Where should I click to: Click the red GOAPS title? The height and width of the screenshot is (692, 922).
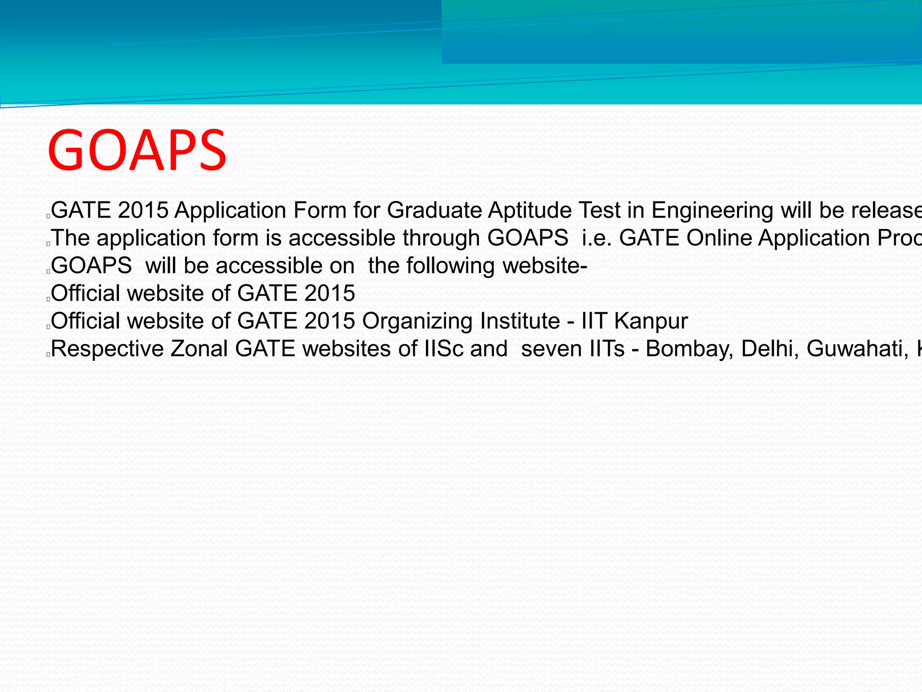tap(137, 150)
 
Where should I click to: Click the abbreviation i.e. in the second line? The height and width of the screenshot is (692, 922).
tap(597, 238)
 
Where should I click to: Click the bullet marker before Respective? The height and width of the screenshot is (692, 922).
tap(48, 355)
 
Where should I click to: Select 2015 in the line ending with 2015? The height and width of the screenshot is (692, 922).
tap(330, 294)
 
